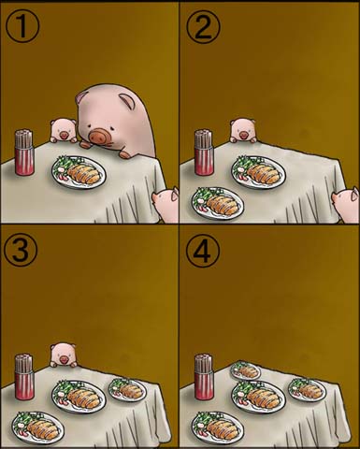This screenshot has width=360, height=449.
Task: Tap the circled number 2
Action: click(x=203, y=27)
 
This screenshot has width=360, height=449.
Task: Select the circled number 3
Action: click(x=21, y=250)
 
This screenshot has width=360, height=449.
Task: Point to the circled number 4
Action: click(x=203, y=250)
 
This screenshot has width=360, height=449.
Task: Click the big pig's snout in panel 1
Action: click(x=100, y=137)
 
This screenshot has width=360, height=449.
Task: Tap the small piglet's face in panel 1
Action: click(x=64, y=130)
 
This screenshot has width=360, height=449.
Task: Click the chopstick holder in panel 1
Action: click(x=24, y=152)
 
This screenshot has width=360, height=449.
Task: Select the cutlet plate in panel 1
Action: click(x=79, y=172)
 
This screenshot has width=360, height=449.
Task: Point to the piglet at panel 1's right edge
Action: click(x=166, y=204)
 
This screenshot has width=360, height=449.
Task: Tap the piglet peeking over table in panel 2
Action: click(x=243, y=131)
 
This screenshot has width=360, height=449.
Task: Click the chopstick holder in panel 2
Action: click(x=204, y=152)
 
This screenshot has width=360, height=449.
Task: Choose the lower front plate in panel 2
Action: click(x=218, y=204)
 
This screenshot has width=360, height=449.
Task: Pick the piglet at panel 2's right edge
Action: click(x=345, y=204)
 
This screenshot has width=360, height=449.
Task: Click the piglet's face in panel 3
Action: click(x=64, y=355)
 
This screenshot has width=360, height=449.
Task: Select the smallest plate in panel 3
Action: click(x=127, y=389)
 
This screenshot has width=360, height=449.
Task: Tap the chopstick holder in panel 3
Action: click(x=24, y=377)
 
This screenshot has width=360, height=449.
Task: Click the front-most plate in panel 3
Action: click(x=38, y=428)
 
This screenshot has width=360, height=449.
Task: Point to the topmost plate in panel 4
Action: click(x=245, y=370)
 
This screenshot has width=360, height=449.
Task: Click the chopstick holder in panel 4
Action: click(x=204, y=377)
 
